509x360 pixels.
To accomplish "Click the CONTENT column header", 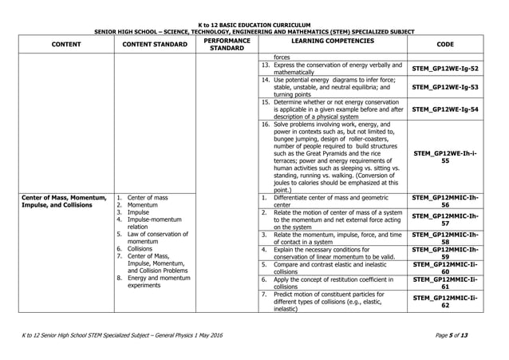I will click(x=60, y=45).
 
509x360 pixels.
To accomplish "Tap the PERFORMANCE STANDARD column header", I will click(x=227, y=45).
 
